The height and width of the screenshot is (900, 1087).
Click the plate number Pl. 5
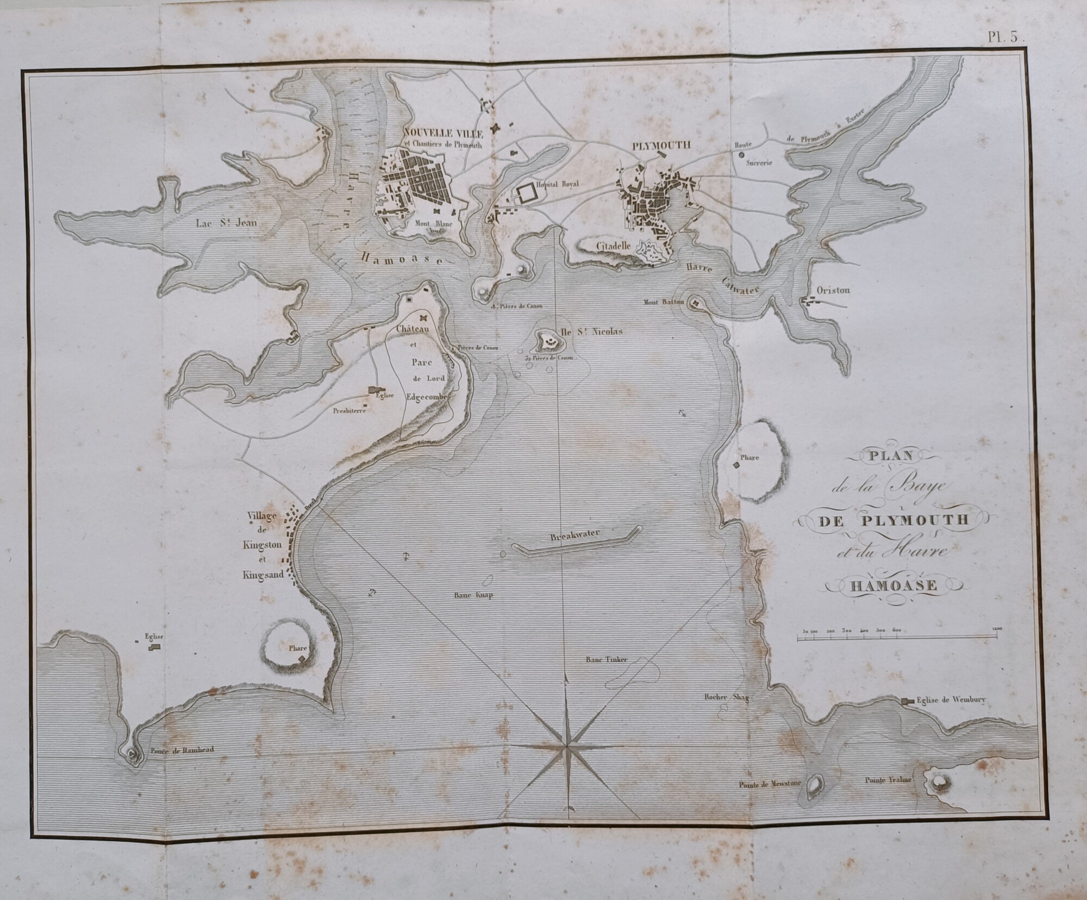(1005, 37)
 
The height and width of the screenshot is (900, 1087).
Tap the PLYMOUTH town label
(661, 146)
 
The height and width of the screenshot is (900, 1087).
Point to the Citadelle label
(614, 246)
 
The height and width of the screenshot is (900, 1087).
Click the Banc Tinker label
(606, 660)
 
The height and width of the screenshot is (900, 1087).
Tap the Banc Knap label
(473, 595)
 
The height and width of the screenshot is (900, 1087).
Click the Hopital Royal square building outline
(526, 195)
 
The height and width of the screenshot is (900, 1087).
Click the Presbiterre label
(349, 411)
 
